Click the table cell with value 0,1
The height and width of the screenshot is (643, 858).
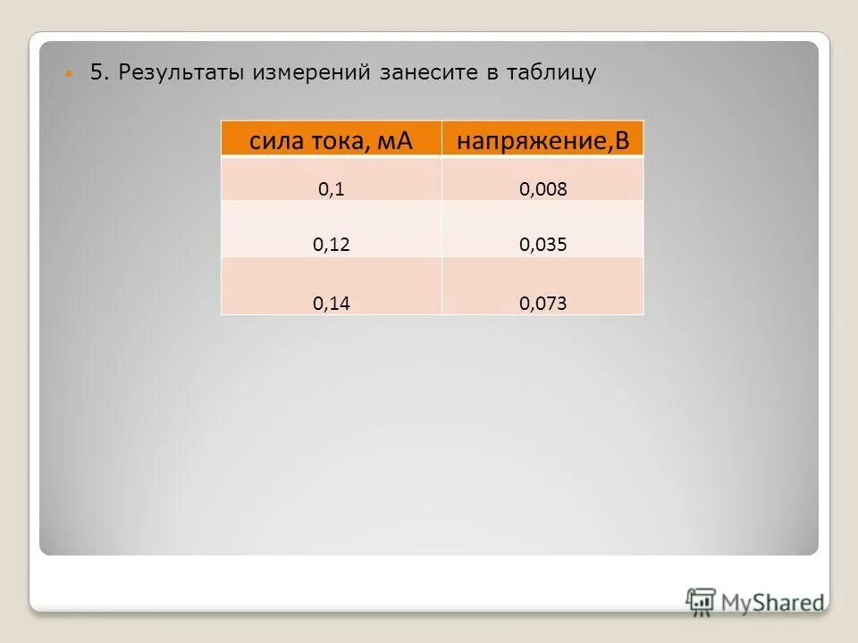[331, 189]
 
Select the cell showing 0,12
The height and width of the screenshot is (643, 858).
[331, 245]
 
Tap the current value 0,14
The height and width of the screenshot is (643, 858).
[331, 304]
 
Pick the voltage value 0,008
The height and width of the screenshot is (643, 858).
[543, 189]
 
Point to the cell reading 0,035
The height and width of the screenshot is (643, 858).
[543, 245]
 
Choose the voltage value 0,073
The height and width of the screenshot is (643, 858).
[543, 304]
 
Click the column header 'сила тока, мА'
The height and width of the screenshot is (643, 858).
[331, 140]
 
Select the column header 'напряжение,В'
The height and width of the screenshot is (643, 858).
[543, 140]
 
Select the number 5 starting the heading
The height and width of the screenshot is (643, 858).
[97, 72]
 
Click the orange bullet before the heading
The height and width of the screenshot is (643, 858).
[71, 74]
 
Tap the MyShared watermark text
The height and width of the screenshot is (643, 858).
[774, 603]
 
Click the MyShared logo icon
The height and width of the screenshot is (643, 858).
[701, 600]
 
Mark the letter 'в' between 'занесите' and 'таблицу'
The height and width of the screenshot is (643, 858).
[492, 73]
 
